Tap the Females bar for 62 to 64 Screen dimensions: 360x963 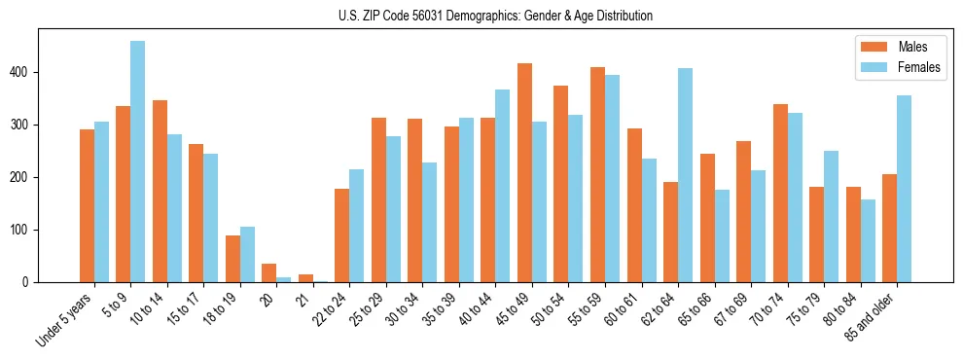click(685, 175)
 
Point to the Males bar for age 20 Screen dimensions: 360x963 click(269, 273)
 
